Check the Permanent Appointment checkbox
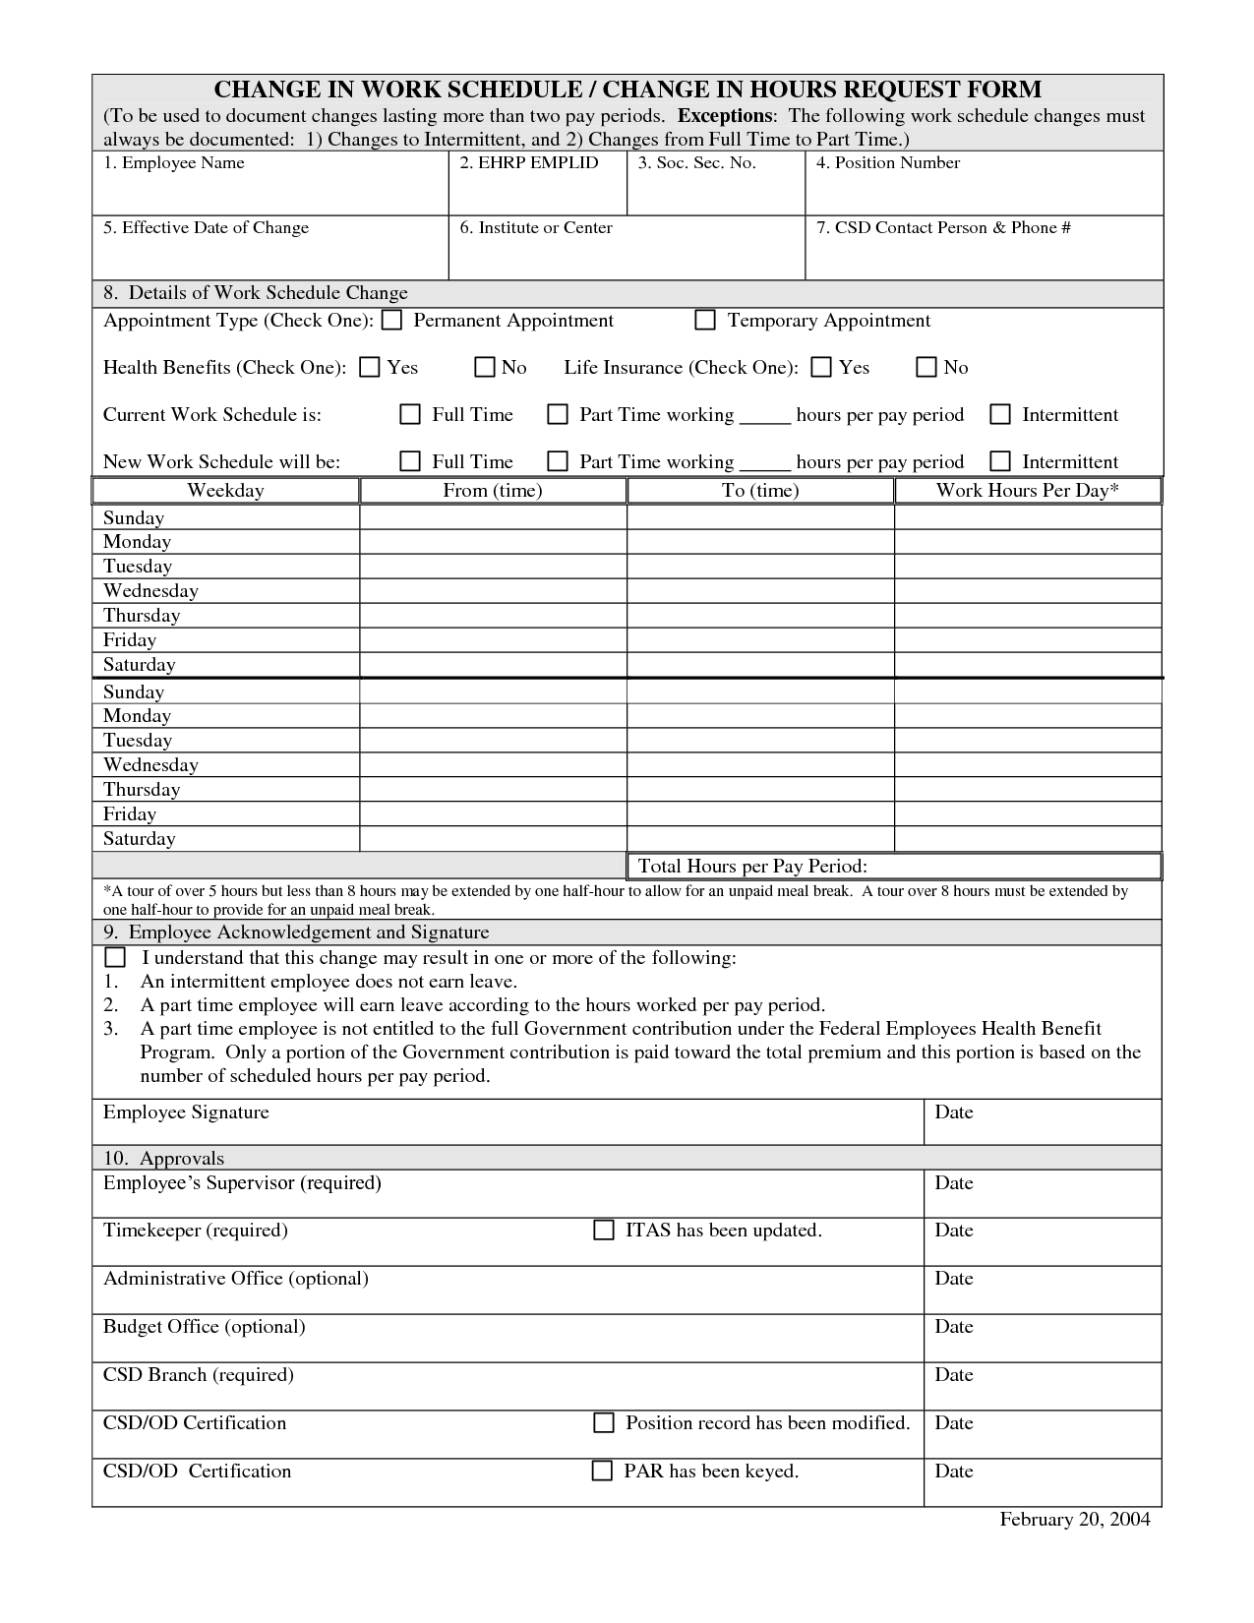[x=391, y=321]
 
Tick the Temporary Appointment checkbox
[x=704, y=321]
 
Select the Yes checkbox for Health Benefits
[x=369, y=368]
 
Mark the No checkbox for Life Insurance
[x=926, y=368]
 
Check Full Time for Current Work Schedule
[x=410, y=415]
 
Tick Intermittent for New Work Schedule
[x=1000, y=461]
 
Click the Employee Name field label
[x=174, y=163]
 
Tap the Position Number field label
[x=888, y=163]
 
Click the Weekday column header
[x=225, y=490]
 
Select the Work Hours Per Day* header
[x=1028, y=490]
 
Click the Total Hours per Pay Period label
[x=752, y=866]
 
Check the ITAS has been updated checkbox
[x=603, y=1231]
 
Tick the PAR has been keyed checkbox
[x=602, y=1472]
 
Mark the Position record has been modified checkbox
[x=603, y=1423]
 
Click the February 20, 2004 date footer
[x=1075, y=1520]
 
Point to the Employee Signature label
[x=186, y=1112]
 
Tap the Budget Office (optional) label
[x=205, y=1327]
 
